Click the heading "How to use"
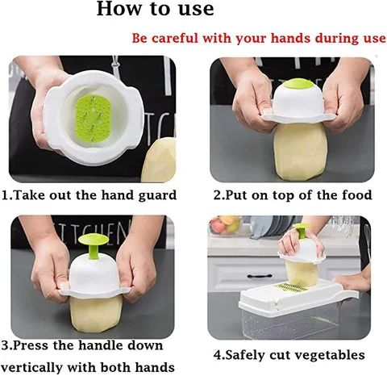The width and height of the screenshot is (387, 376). (x=155, y=9)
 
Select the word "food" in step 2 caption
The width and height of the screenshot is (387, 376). (x=357, y=195)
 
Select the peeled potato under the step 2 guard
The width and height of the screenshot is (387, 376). (x=297, y=149)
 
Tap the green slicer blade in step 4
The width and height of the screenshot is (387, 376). (x=293, y=288)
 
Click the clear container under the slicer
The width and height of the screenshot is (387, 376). (x=290, y=323)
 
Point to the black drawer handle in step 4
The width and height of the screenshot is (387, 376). (x=260, y=276)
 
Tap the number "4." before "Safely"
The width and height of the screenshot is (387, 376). (x=219, y=354)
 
